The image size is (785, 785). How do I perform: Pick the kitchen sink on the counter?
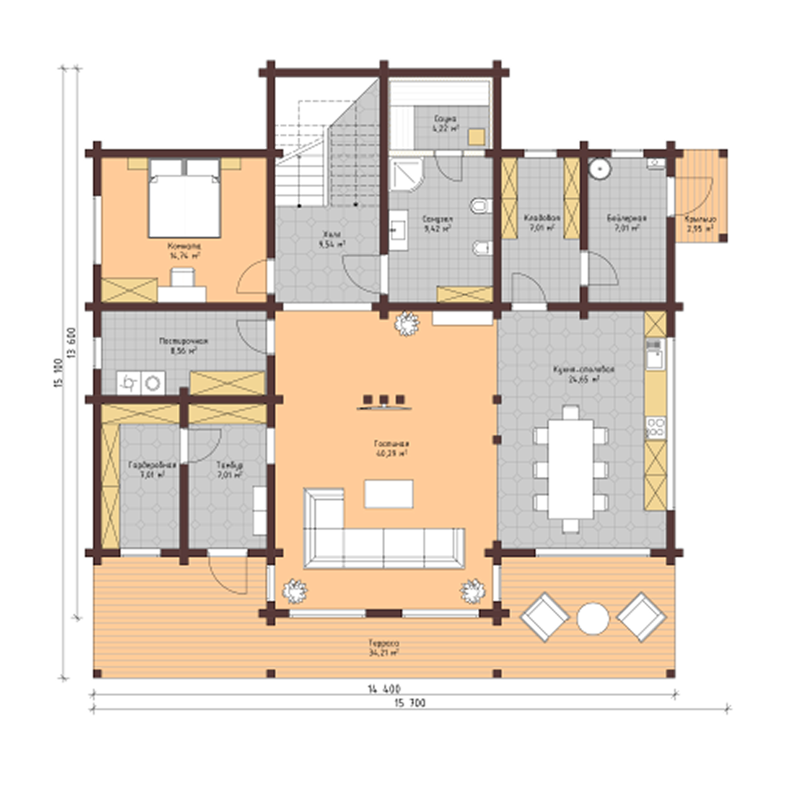click(655, 359)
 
